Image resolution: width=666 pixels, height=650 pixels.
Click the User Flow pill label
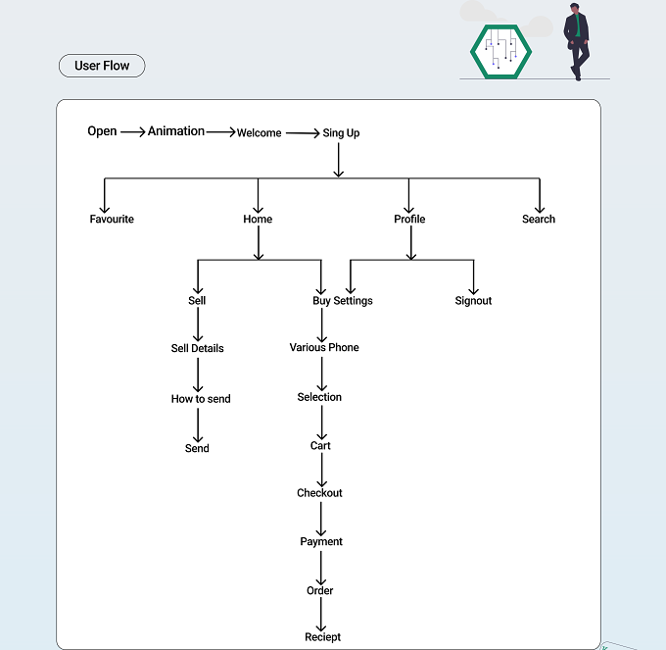click(102, 66)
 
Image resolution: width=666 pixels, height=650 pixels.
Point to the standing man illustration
click(576, 41)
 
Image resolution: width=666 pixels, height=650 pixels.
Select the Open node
click(102, 131)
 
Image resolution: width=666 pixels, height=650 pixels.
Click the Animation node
click(176, 131)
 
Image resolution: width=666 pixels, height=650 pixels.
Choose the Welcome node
click(260, 132)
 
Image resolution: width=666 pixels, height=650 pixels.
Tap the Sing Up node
click(341, 133)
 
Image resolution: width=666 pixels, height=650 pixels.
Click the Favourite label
click(112, 219)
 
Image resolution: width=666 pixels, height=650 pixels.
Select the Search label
click(539, 219)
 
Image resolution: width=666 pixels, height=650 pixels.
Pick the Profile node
click(409, 219)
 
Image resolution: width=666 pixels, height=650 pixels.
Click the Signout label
click(473, 301)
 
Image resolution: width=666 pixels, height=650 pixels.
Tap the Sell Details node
click(198, 348)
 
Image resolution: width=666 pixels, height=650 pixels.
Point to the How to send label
click(201, 399)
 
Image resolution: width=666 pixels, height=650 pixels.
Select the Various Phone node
click(324, 347)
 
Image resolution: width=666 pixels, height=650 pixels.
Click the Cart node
click(320, 445)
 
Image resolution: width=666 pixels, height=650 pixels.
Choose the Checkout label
click(319, 493)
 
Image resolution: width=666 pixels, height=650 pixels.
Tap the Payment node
click(321, 541)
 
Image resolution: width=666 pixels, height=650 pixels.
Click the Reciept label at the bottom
click(323, 637)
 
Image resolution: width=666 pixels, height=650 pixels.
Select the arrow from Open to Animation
click(133, 132)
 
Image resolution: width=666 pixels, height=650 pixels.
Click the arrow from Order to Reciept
click(320, 615)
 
